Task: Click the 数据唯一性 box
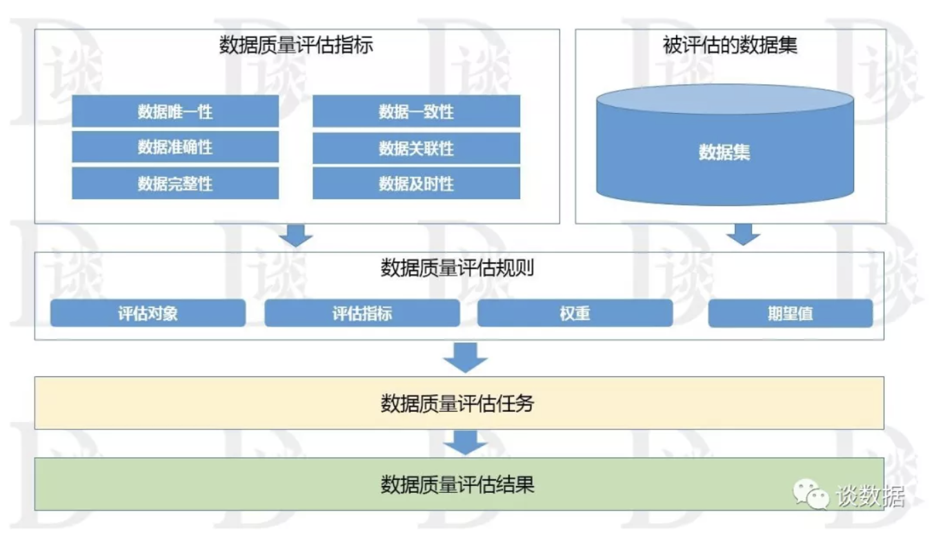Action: click(175, 111)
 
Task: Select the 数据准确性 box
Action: click(175, 147)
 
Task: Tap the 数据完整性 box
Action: click(175, 183)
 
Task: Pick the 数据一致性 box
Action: click(416, 112)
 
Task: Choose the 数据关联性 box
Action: click(416, 148)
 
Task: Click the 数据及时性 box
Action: click(416, 183)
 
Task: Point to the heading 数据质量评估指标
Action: click(296, 46)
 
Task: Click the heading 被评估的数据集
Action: click(730, 46)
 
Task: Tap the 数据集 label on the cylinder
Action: click(724, 152)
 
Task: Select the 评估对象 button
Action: click(148, 314)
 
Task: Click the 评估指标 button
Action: click(362, 314)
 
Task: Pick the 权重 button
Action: click(575, 314)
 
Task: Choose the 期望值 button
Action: click(790, 314)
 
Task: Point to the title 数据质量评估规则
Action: click(457, 268)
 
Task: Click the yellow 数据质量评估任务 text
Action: click(457, 403)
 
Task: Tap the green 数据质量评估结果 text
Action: click(457, 485)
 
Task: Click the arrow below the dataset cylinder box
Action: click(743, 234)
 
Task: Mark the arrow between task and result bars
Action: click(465, 443)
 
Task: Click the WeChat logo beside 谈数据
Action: click(811, 494)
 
